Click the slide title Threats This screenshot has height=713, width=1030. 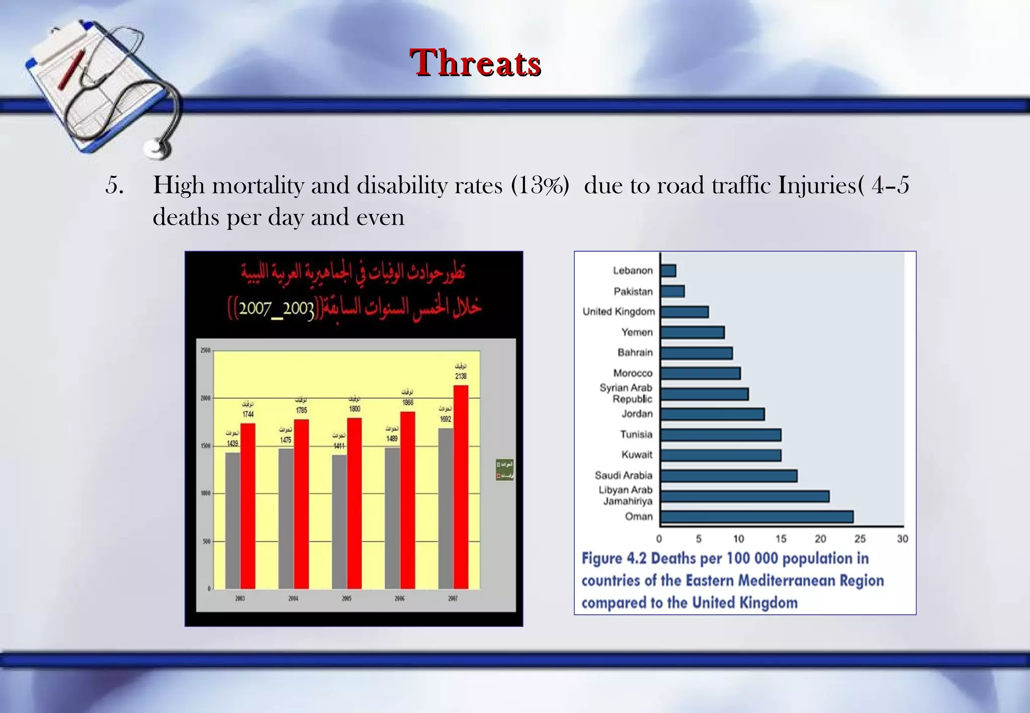tap(475, 63)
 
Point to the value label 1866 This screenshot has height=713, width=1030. tap(407, 403)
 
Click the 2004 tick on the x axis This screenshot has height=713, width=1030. tap(293, 599)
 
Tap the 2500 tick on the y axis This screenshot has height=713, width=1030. tap(205, 350)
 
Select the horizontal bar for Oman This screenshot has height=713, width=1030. tap(756, 517)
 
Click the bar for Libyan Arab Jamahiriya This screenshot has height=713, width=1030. tap(744, 497)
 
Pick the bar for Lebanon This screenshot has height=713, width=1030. tap(668, 271)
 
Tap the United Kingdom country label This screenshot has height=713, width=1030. tap(619, 312)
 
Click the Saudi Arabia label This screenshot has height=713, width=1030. tap(623, 476)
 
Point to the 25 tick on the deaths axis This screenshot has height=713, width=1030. tap(860, 539)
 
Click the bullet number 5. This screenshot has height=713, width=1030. tap(114, 186)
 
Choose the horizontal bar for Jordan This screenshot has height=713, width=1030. tap(712, 414)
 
